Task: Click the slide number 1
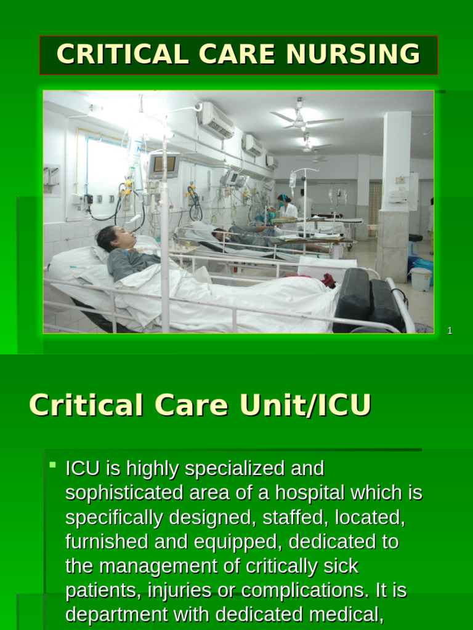click(450, 331)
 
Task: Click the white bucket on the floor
click(421, 279)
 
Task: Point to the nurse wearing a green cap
click(285, 206)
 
